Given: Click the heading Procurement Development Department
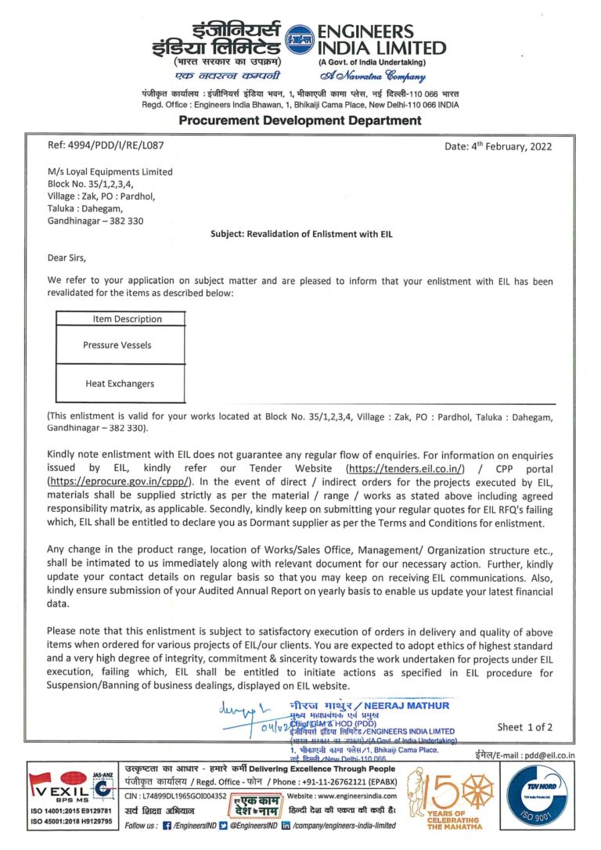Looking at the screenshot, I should pos(300,120).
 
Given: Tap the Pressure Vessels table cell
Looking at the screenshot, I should pos(117,344).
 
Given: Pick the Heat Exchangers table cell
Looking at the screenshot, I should pos(120,384).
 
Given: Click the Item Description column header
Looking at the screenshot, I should pos(127,319).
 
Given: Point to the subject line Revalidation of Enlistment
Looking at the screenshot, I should pos(300,233).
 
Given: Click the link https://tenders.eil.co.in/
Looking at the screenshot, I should pos(405,468).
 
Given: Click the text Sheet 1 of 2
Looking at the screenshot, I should pos(524,727).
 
